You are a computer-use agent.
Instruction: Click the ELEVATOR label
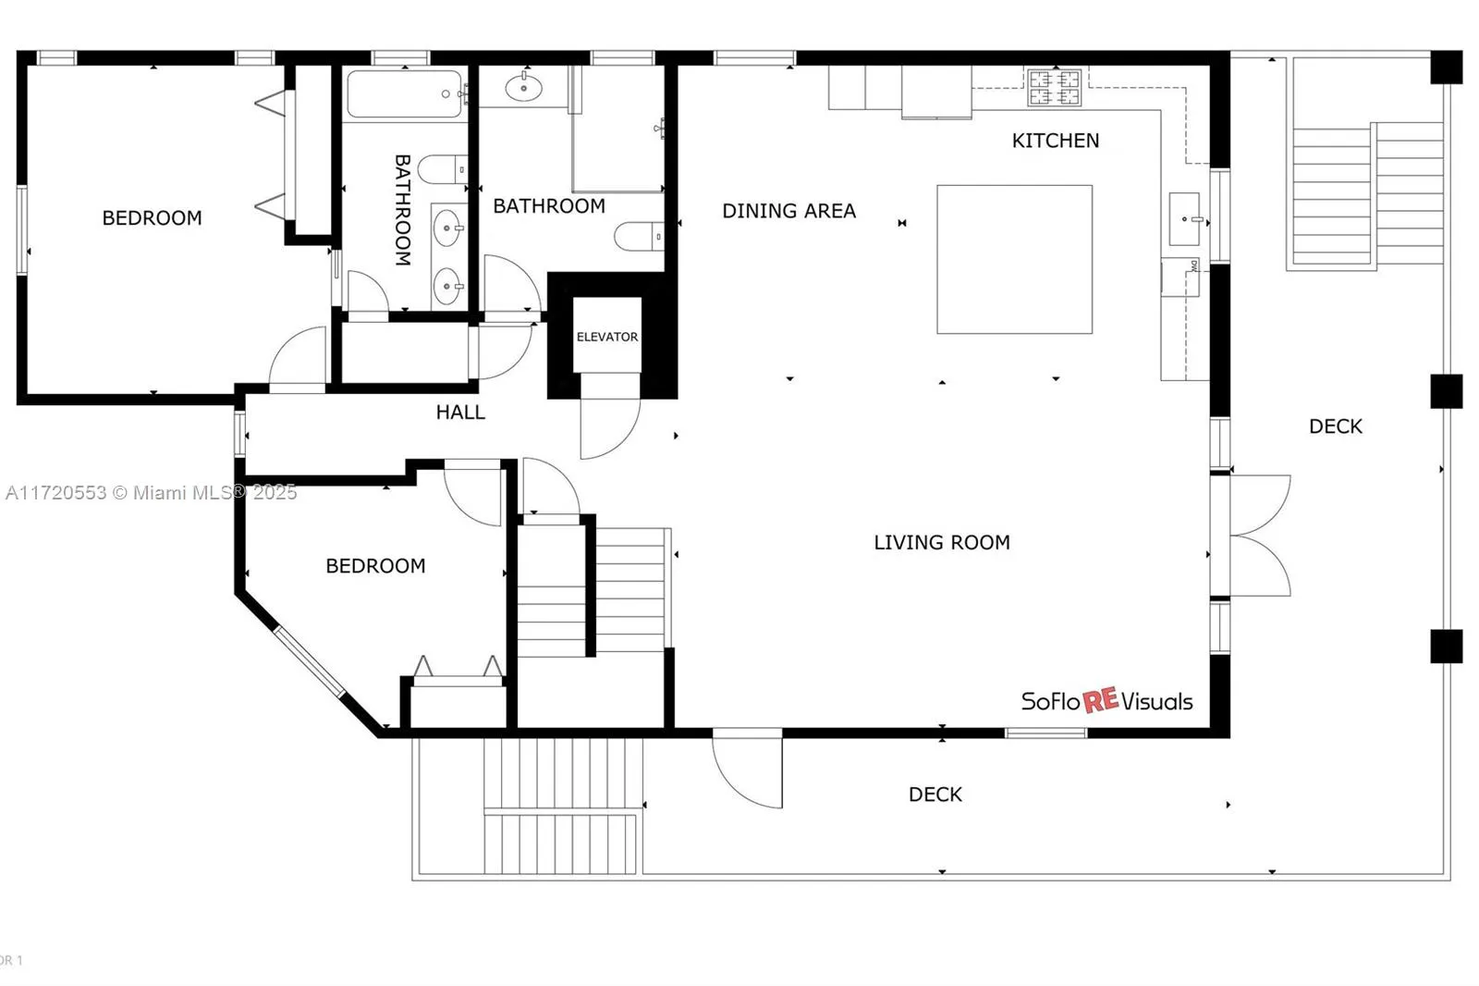(x=606, y=337)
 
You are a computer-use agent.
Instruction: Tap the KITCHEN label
(x=1055, y=141)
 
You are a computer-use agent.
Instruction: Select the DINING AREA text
(x=788, y=211)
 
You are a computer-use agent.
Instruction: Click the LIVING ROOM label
(x=941, y=542)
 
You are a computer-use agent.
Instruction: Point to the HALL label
(x=460, y=413)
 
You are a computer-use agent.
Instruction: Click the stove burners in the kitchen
(x=1054, y=88)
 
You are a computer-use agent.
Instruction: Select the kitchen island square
(x=1014, y=259)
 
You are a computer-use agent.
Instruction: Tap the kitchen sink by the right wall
(x=1184, y=219)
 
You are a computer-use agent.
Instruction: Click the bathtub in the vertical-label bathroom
(x=404, y=94)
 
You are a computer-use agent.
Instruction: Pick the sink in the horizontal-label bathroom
(x=524, y=88)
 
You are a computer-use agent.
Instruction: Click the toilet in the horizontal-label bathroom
(x=638, y=237)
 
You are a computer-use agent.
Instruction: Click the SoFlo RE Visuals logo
(x=1106, y=701)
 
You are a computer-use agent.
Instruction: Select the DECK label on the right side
(x=1335, y=426)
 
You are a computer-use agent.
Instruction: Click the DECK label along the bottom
(x=935, y=795)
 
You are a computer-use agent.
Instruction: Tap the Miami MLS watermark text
(x=151, y=492)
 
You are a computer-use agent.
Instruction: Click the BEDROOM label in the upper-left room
(x=152, y=218)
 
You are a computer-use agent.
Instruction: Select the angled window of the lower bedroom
(x=309, y=660)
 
